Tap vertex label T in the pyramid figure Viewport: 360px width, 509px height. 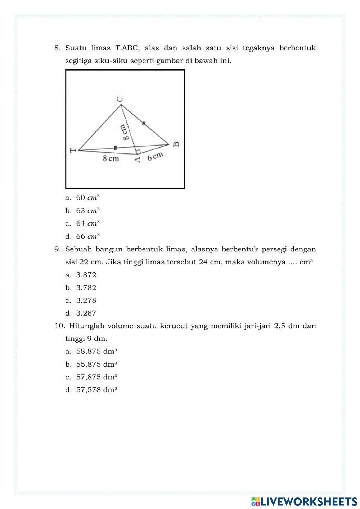(73, 150)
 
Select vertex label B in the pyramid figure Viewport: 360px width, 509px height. (176, 144)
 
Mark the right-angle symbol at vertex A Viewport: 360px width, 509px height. (138, 151)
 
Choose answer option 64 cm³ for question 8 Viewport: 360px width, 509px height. (87, 223)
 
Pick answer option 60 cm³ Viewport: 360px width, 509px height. (87, 197)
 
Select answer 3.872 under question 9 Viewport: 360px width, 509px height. (86, 275)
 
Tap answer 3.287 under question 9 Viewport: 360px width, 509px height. (86, 313)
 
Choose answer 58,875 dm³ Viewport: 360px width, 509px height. (96, 351)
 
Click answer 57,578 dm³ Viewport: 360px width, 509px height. (96, 390)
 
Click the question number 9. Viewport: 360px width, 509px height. (57, 249)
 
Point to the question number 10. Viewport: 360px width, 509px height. (59, 326)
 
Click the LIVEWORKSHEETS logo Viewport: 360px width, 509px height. (304, 501)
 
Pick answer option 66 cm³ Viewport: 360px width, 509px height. (87, 237)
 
